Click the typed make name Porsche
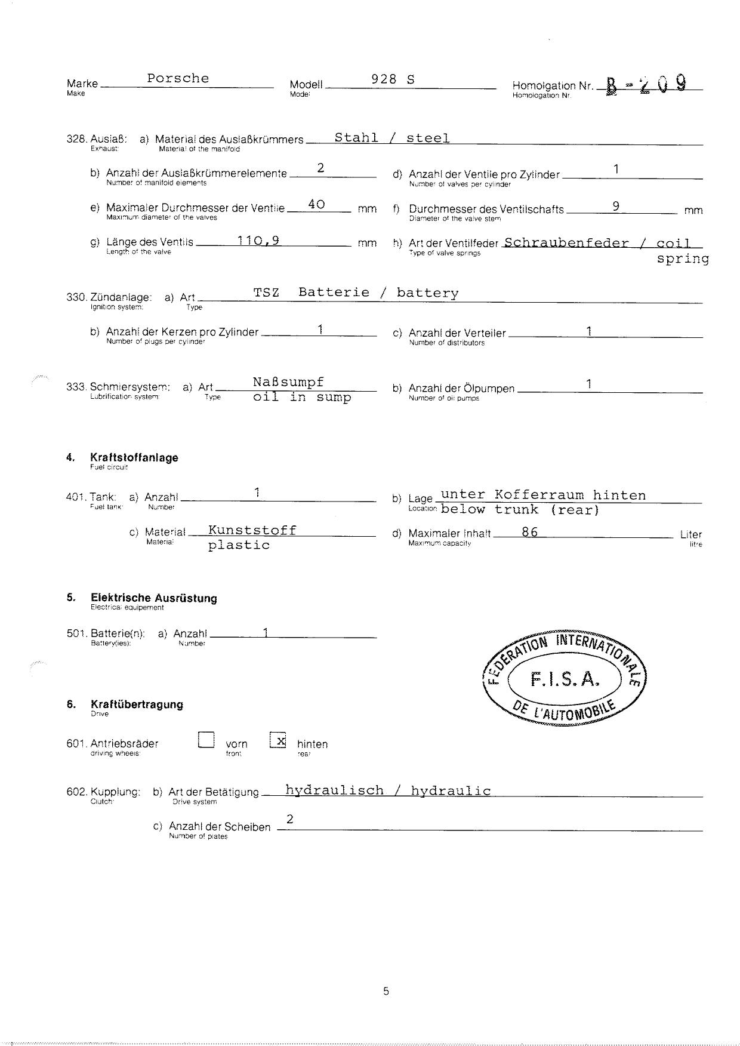[x=178, y=78]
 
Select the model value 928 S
[x=393, y=79]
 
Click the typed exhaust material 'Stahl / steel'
[x=391, y=138]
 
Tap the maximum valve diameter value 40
[x=316, y=204]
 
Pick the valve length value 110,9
[x=258, y=241]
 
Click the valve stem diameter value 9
[x=616, y=206]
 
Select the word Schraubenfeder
[x=566, y=243]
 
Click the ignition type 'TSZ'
[x=266, y=293]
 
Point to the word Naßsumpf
[x=288, y=382]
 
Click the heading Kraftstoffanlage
[x=134, y=458]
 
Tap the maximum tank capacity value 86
[x=529, y=532]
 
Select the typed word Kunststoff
[x=252, y=530]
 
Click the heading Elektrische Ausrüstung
[x=154, y=598]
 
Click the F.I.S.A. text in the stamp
[x=564, y=679]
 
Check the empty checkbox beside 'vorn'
[x=206, y=740]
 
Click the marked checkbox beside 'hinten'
[x=278, y=740]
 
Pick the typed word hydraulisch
[x=334, y=790]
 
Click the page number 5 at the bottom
[x=386, y=991]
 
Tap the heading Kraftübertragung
[x=137, y=704]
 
